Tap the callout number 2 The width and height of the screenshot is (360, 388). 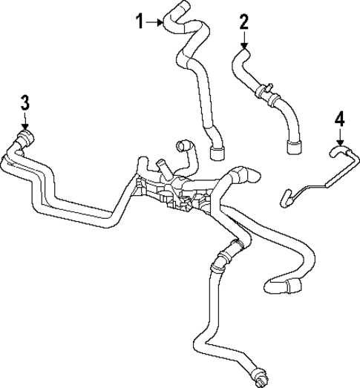coord(243,22)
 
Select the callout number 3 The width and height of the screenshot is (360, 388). coord(24,102)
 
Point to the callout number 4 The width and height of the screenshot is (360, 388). coord(339,118)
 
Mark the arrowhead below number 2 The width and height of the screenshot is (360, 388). coord(243,45)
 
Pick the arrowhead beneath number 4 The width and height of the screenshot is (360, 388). coord(339,141)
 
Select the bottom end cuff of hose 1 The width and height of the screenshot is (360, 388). coord(217,154)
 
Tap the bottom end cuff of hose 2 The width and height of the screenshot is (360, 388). coord(292,147)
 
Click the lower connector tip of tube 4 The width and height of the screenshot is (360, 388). coord(283,198)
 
